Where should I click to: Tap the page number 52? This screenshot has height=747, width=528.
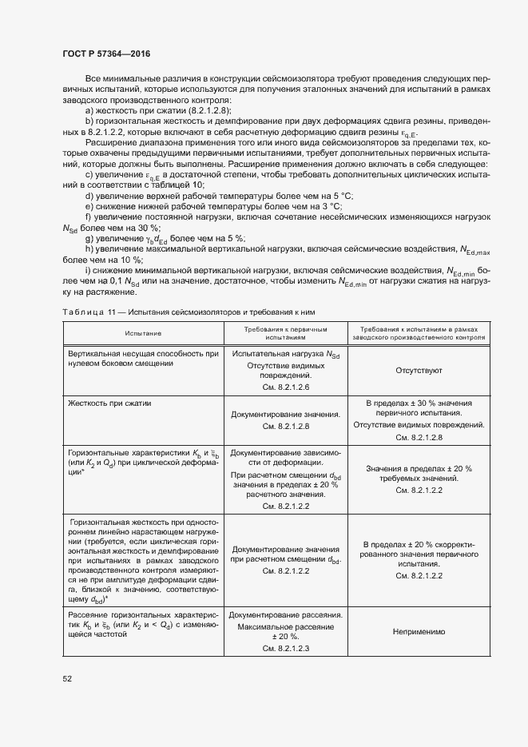click(67, 678)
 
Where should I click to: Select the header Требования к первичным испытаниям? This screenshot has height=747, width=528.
click(286, 332)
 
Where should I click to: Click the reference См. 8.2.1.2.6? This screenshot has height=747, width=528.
click(285, 387)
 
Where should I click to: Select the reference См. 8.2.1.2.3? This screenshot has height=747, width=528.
click(285, 648)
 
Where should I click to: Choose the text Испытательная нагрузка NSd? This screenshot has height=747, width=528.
click(285, 353)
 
